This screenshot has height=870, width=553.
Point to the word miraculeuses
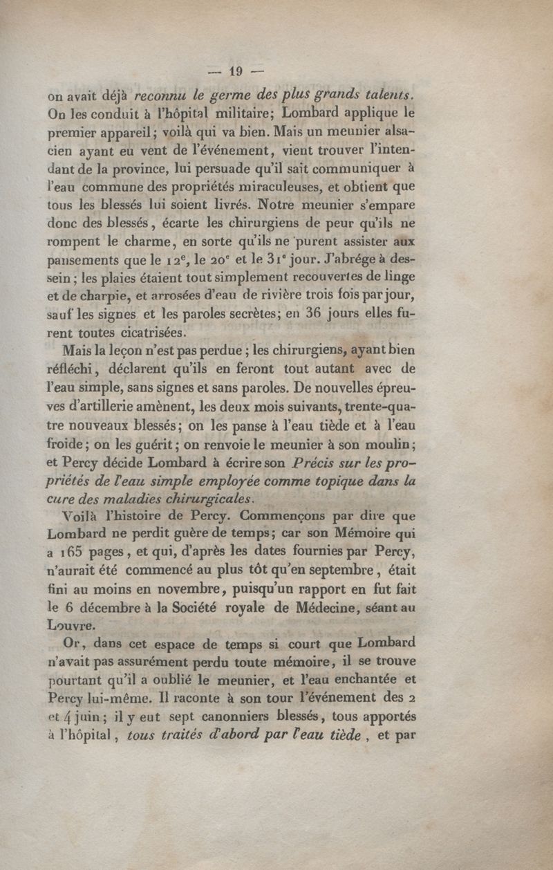[x=260, y=186]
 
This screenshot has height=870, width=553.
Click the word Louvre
[x=71, y=626]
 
